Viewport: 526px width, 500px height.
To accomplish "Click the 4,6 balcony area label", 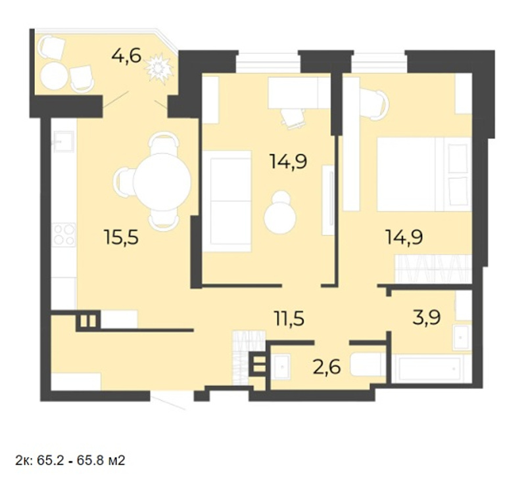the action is [126, 56].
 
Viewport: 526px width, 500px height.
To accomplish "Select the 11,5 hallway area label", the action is [289, 319].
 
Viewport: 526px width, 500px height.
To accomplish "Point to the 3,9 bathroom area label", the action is [427, 317].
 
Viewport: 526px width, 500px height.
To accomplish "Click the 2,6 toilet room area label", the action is [327, 367].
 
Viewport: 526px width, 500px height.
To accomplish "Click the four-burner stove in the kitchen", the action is [64, 235].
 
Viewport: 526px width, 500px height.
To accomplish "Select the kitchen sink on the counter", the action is [63, 141].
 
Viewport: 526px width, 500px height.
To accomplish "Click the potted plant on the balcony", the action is [159, 69].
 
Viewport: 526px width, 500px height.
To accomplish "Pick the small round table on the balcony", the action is [54, 76].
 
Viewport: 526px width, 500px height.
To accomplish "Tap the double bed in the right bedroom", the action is [424, 174].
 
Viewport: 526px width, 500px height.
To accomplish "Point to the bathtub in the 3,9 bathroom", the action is [429, 369].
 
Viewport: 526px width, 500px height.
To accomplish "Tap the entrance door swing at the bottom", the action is [168, 402].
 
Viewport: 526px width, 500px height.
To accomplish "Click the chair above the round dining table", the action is [162, 143].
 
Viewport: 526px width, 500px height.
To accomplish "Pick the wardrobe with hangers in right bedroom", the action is [433, 269].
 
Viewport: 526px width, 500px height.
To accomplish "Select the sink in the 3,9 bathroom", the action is [462, 337].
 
